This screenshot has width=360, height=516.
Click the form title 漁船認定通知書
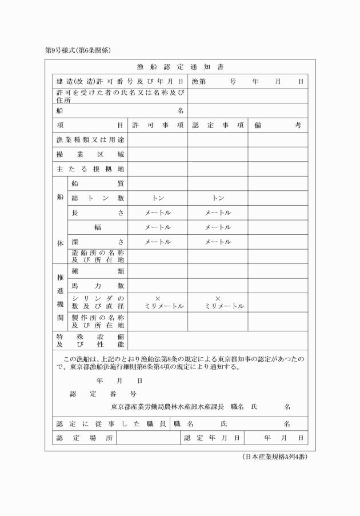pyautogui.click(x=176, y=67)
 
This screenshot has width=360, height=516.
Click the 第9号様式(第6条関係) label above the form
pyautogui.click(x=78, y=50)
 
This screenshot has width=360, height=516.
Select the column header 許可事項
pyautogui.click(x=157, y=125)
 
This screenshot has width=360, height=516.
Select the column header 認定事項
pyautogui.click(x=218, y=125)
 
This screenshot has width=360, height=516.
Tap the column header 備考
pyautogui.click(x=278, y=125)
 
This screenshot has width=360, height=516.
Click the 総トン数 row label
pyautogui.click(x=98, y=198)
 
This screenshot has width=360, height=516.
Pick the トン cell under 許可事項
pyautogui.click(x=158, y=198)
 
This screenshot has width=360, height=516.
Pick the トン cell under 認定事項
pyautogui.click(x=218, y=198)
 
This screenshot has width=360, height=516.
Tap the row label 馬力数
pyautogui.click(x=98, y=285)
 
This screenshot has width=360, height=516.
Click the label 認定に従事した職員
pyautogui.click(x=111, y=424)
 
